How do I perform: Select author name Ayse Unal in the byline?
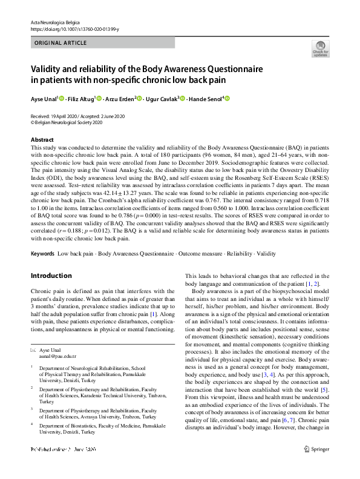44,99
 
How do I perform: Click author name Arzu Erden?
120,99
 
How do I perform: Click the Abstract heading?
42,140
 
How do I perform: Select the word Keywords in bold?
42,252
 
